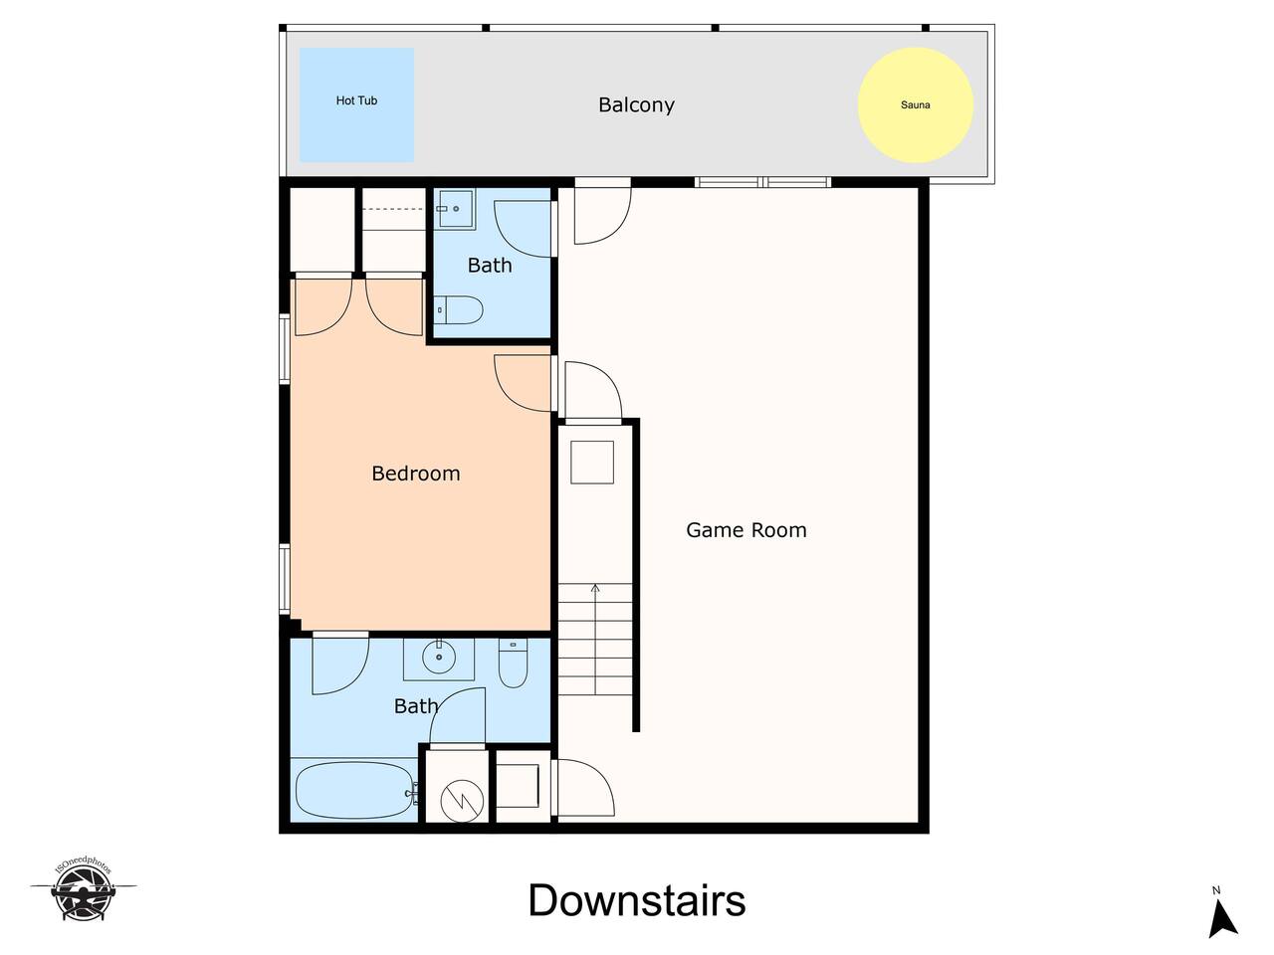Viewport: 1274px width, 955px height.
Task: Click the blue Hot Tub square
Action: point(356,104)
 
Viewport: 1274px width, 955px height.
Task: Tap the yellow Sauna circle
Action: point(916,105)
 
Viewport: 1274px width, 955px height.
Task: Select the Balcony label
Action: point(636,105)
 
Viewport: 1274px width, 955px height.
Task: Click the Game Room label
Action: point(745,530)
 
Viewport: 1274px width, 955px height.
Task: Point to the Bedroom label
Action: point(416,474)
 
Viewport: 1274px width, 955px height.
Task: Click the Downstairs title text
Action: point(637,900)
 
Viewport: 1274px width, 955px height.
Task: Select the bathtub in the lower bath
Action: point(355,789)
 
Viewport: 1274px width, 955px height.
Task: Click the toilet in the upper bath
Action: point(459,310)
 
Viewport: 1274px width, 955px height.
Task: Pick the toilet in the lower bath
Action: point(513,664)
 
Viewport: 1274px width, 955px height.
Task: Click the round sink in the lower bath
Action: point(439,657)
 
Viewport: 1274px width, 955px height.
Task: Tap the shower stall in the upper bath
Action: point(456,209)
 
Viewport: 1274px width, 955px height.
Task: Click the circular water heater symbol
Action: point(462,801)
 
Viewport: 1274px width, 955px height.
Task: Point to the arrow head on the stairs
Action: point(595,589)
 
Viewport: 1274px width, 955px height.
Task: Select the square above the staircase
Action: point(592,463)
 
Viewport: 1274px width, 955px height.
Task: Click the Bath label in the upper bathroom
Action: point(490,265)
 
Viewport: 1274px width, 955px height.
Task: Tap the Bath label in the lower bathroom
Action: point(416,705)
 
